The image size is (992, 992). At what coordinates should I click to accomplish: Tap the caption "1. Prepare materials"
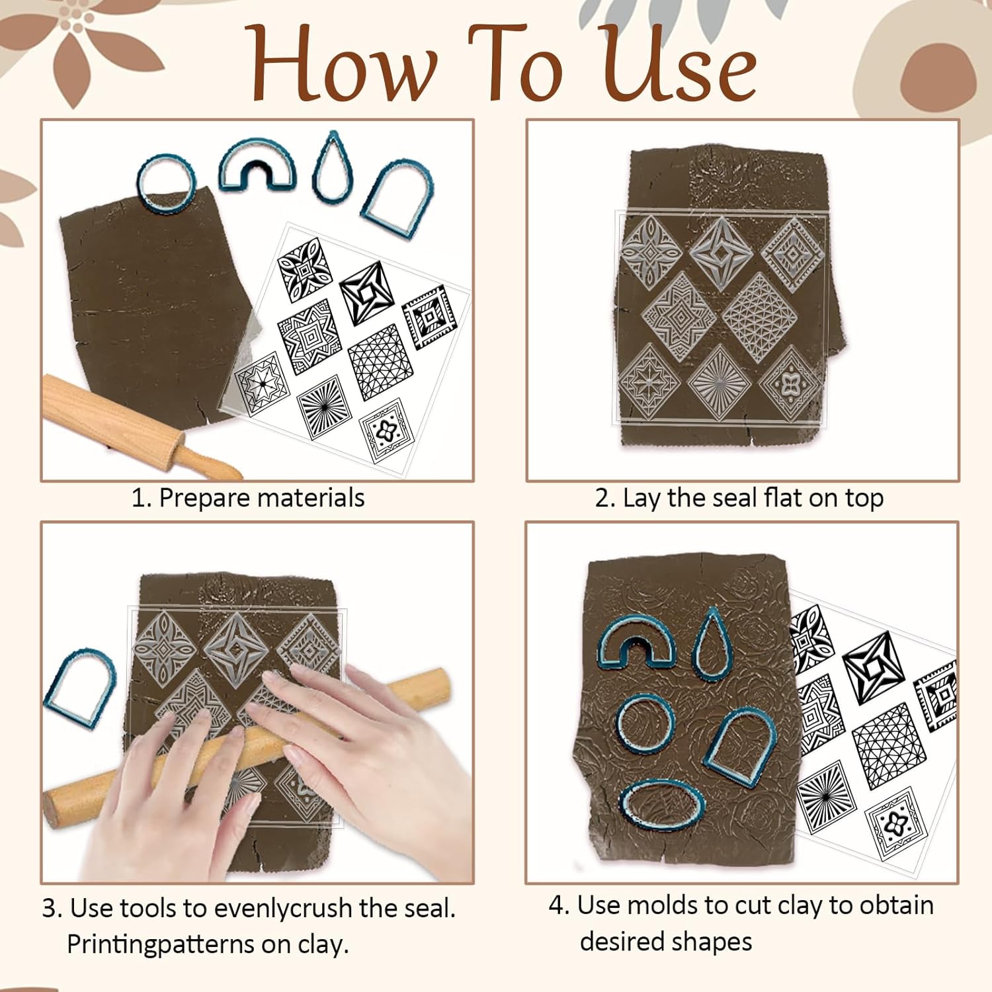point(248,498)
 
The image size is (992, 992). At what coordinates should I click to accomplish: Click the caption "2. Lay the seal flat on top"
point(739,498)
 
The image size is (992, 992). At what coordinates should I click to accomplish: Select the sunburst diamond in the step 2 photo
point(718,382)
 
